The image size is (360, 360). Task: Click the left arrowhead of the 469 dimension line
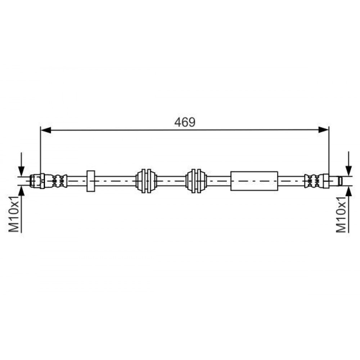[46, 130]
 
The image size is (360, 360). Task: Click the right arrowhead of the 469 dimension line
[324, 130]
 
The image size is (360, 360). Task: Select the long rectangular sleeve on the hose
[254, 181]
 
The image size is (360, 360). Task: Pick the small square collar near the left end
[91, 181]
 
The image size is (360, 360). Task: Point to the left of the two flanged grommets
[146, 181]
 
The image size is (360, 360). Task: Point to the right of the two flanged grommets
[196, 181]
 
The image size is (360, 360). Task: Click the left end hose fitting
[37, 181]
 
